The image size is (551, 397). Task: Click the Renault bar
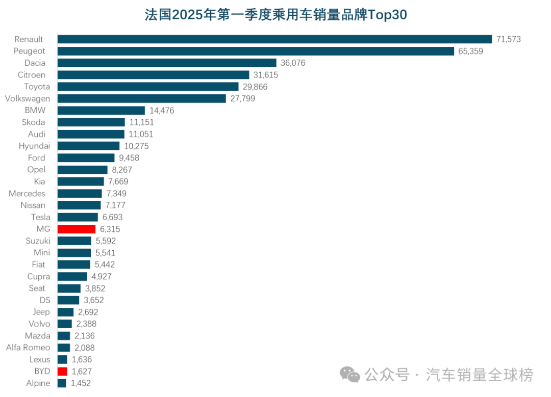274,39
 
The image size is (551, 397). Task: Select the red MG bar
77,229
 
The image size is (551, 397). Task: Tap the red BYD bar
62,371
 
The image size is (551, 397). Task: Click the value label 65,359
470,51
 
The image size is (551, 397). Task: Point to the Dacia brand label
35,63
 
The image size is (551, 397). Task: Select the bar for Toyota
148,87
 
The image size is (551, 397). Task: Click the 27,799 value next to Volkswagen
243,98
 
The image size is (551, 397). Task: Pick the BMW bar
101,110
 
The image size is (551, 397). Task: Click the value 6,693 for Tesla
112,217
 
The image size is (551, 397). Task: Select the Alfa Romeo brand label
28,348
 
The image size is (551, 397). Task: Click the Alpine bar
62,383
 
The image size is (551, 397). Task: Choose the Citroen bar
153,75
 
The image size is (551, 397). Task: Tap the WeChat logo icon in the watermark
350,376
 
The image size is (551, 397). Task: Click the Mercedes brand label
27,193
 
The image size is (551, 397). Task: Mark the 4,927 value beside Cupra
102,276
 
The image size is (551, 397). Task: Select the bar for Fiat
73,264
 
